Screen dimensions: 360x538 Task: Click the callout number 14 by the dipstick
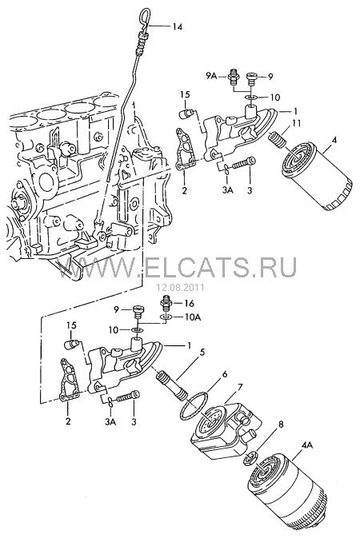[178, 26]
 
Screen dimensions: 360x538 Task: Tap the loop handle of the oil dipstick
[143, 17]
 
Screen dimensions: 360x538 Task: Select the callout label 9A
[212, 76]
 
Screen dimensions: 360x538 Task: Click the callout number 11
[297, 123]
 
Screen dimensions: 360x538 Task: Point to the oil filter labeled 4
[317, 177]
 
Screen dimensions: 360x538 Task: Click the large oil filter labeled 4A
[288, 494]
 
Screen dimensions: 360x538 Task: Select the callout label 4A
[306, 445]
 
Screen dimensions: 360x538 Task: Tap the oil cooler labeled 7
[226, 426]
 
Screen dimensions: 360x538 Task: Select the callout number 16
[190, 303]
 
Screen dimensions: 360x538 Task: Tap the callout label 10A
[192, 317]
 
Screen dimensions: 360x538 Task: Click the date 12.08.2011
[180, 287]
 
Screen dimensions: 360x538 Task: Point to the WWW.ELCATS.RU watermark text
[177, 266]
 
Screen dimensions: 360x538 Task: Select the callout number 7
[240, 388]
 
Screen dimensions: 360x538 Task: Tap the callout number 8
[281, 424]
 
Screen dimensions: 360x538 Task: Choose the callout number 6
[224, 374]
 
